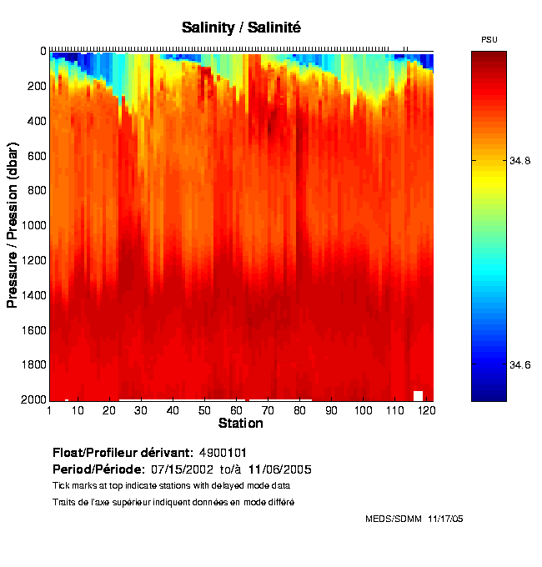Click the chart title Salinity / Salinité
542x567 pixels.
tap(241, 28)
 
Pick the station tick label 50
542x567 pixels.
tap(204, 410)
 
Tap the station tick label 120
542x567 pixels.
tap(426, 410)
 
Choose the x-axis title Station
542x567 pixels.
tap(241, 424)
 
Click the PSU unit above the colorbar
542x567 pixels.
tap(489, 40)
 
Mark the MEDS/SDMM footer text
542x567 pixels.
tap(394, 519)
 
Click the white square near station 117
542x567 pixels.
tap(419, 395)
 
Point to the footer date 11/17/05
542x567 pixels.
tap(444, 519)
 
